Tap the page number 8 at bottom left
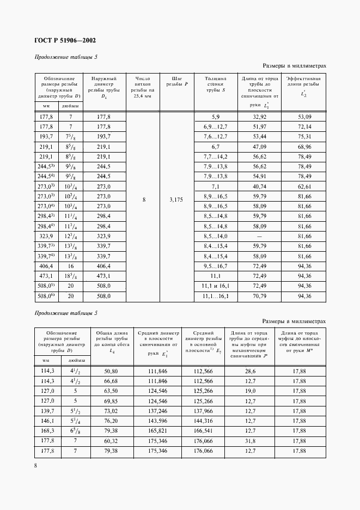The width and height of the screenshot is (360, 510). coord(35,465)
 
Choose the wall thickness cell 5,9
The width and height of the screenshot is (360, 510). coord(215,117)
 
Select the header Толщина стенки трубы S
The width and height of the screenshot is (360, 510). coord(215,84)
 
